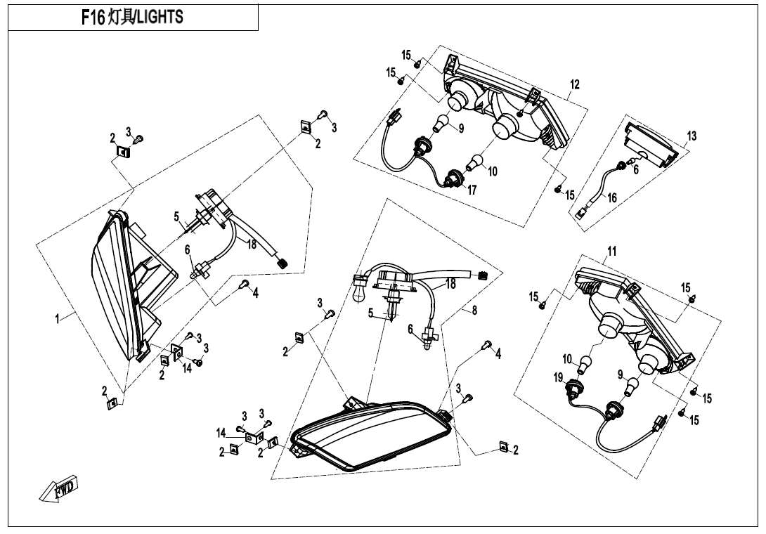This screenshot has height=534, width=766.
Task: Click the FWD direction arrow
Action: (x=59, y=489)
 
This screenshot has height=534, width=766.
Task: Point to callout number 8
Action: (x=475, y=311)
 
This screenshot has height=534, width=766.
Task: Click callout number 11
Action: (x=611, y=252)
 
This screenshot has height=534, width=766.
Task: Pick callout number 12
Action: (x=575, y=85)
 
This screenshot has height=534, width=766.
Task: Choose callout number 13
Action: (x=692, y=136)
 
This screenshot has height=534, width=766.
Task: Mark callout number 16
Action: (x=612, y=198)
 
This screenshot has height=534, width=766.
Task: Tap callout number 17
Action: (x=472, y=190)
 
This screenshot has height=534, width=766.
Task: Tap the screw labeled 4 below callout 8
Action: (x=485, y=345)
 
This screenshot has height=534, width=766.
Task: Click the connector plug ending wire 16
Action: (x=583, y=214)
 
